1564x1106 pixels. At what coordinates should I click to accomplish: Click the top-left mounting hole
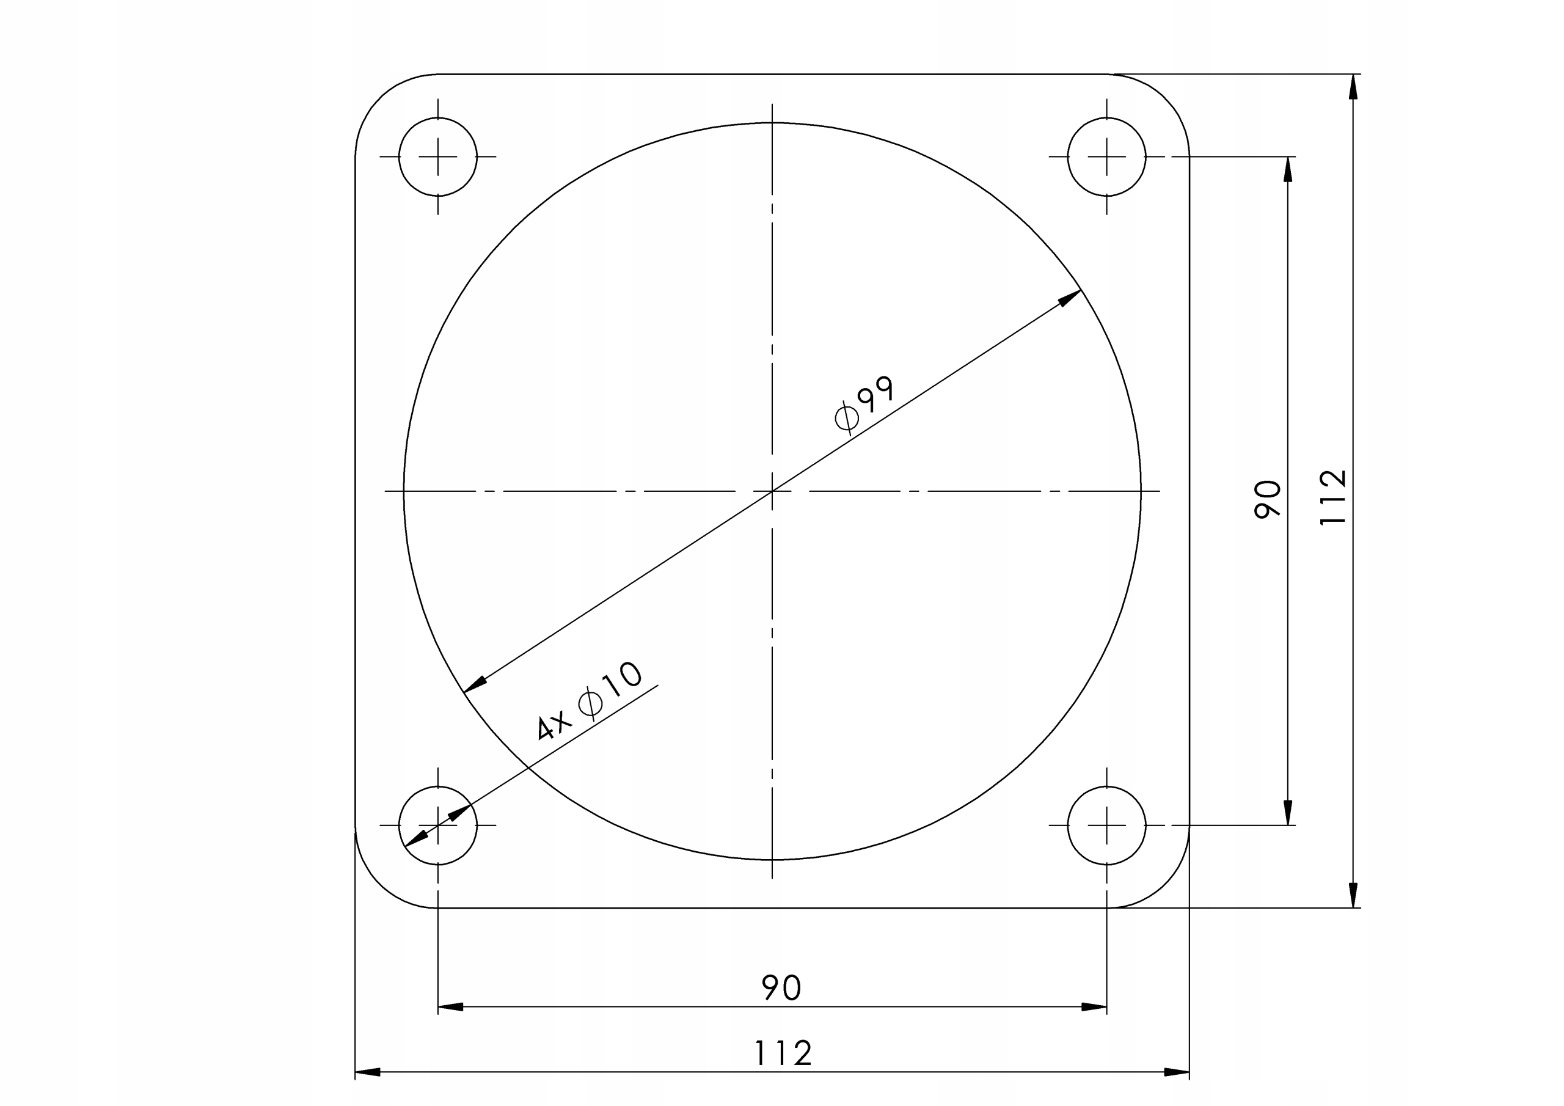click(x=437, y=157)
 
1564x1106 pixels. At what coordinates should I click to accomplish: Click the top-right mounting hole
click(x=1106, y=157)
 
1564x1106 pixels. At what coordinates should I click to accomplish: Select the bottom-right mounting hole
click(x=1106, y=826)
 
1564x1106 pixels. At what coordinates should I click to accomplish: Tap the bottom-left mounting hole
click(x=437, y=826)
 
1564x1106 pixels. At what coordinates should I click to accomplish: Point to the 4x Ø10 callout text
click(x=588, y=701)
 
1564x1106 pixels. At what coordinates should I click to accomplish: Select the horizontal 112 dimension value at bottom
click(x=783, y=1053)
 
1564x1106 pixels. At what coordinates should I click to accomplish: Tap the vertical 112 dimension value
click(x=1332, y=497)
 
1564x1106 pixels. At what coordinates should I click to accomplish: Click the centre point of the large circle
click(x=772, y=491)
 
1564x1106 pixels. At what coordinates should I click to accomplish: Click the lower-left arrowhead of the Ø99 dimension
click(x=474, y=684)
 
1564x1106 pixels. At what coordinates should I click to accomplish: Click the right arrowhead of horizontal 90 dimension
click(x=1094, y=1006)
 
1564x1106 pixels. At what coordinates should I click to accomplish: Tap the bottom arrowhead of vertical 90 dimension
click(x=1287, y=812)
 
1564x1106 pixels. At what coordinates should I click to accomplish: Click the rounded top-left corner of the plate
click(x=380, y=99)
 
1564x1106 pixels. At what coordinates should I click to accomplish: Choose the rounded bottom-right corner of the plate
click(x=1164, y=883)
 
